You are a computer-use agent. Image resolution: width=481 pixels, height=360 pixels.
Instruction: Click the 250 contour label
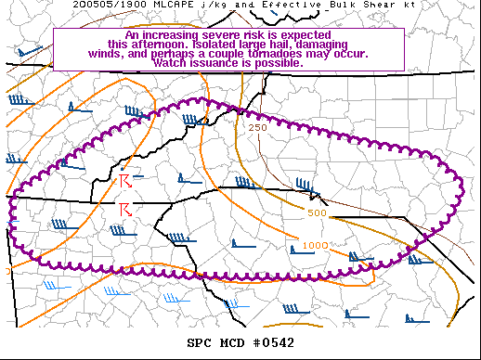click(x=258, y=127)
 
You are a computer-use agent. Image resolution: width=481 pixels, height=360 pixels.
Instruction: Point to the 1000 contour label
click(x=313, y=246)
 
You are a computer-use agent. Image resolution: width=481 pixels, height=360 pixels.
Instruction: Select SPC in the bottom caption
click(x=199, y=343)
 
